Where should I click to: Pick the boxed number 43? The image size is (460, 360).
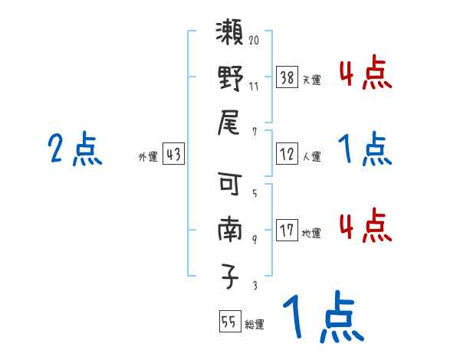click(173, 154)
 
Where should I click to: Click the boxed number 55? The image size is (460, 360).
click(228, 322)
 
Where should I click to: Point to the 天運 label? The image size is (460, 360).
click(311, 79)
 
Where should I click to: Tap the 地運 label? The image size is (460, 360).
click(311, 233)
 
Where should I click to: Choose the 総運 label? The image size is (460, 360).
click(254, 325)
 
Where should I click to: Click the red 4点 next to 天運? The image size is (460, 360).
click(365, 74)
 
